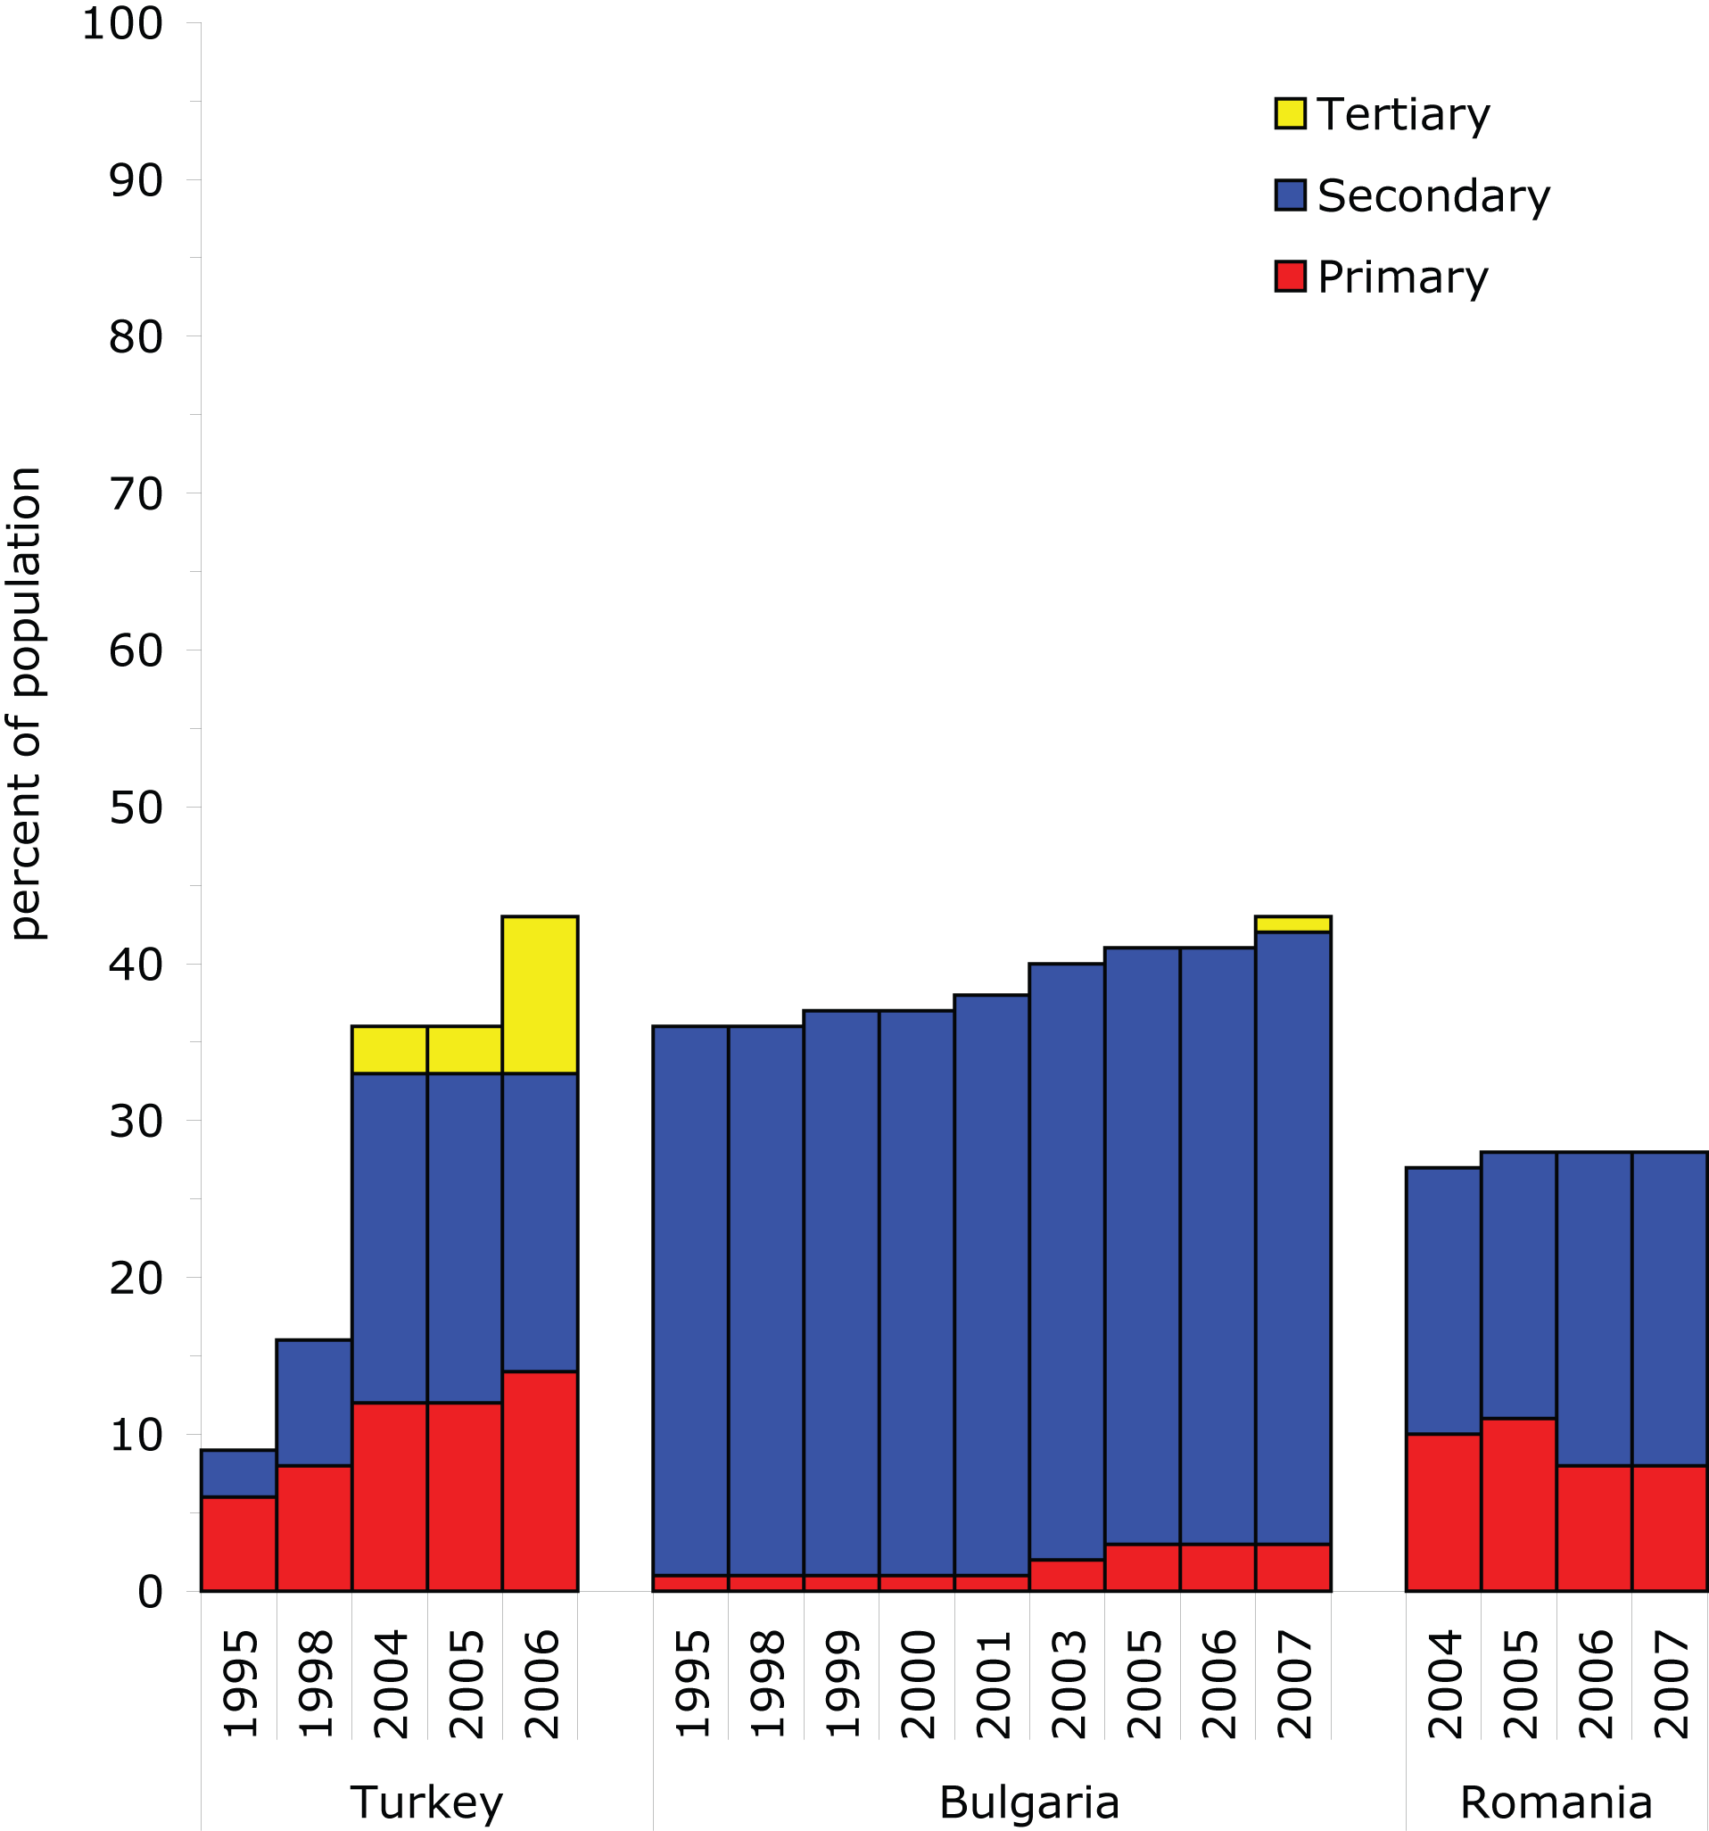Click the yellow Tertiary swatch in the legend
click(x=1290, y=114)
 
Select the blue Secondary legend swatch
click(x=1290, y=195)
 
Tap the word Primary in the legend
click(x=1401, y=278)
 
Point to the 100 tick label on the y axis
click(x=122, y=24)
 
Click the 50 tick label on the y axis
click(x=136, y=808)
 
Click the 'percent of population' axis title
click(x=25, y=704)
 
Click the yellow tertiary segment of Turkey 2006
click(x=540, y=995)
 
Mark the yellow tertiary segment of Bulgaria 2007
click(x=1292, y=924)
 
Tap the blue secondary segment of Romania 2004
click(x=1443, y=1300)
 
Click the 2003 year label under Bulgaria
click(x=1066, y=1684)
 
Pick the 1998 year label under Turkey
click(x=314, y=1684)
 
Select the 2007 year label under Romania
click(x=1670, y=1684)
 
